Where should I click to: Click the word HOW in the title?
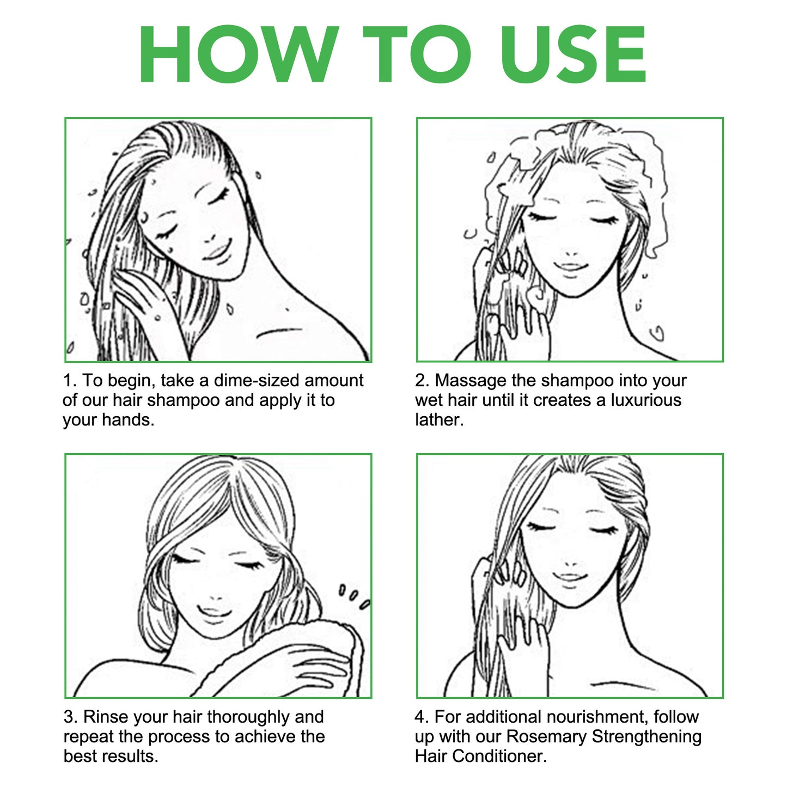click(239, 54)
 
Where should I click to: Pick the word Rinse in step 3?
click(105, 717)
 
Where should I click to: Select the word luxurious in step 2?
click(646, 401)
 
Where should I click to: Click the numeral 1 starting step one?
click(68, 381)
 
